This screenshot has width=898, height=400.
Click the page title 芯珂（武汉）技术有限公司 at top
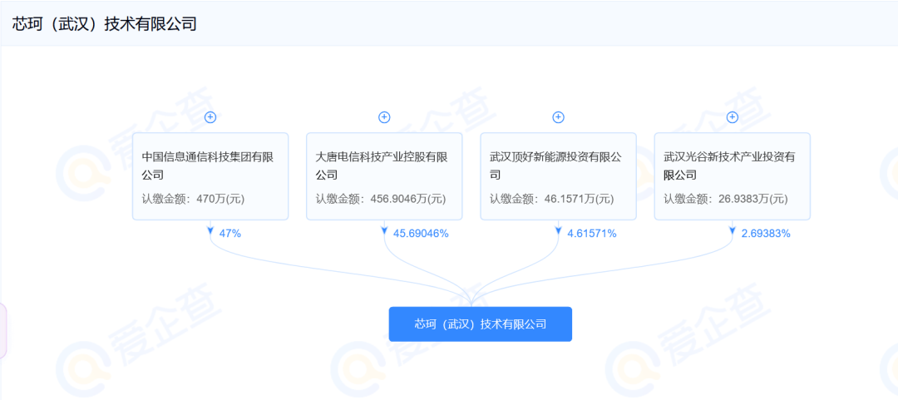(104, 23)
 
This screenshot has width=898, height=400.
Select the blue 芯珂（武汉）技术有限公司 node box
(480, 324)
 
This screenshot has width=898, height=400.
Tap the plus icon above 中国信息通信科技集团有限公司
(210, 117)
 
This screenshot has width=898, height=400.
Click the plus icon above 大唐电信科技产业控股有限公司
(384, 117)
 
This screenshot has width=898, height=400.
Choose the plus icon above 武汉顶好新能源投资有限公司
(559, 117)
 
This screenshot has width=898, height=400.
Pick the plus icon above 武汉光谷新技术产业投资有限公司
(733, 117)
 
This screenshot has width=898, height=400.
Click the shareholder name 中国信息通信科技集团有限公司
(207, 165)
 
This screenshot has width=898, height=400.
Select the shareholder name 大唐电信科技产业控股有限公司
(382, 165)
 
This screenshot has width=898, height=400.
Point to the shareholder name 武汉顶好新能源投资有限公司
(555, 165)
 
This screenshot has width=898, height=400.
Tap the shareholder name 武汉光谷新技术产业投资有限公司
(730, 165)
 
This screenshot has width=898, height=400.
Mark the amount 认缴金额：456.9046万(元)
(381, 199)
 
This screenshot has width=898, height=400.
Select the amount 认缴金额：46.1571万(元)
(551, 199)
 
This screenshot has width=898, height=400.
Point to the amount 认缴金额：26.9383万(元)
(726, 199)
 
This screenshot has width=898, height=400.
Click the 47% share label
(230, 233)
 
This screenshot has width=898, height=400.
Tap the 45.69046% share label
(421, 233)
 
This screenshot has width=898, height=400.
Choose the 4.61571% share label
(592, 233)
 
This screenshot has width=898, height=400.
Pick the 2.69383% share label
(767, 233)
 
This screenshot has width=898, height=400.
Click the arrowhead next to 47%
(210, 230)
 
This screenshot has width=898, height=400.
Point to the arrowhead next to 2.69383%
(733, 230)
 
